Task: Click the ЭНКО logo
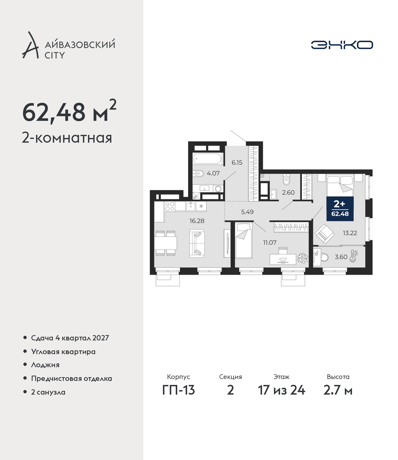point(342,45)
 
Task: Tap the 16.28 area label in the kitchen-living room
point(197,221)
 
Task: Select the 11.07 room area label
point(270,243)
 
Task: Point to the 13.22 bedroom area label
point(350,233)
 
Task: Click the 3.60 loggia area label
point(341,257)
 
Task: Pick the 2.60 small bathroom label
point(288,192)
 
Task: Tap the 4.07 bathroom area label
point(213,173)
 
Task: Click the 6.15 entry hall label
point(237,163)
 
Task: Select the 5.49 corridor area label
point(247,212)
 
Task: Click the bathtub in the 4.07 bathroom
point(207,159)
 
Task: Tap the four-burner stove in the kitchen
point(170,206)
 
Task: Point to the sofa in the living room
point(197,243)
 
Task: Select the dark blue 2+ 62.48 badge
point(340,209)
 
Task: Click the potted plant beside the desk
point(303,258)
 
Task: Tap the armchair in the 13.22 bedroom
point(324,234)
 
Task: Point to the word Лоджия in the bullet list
point(45,365)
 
